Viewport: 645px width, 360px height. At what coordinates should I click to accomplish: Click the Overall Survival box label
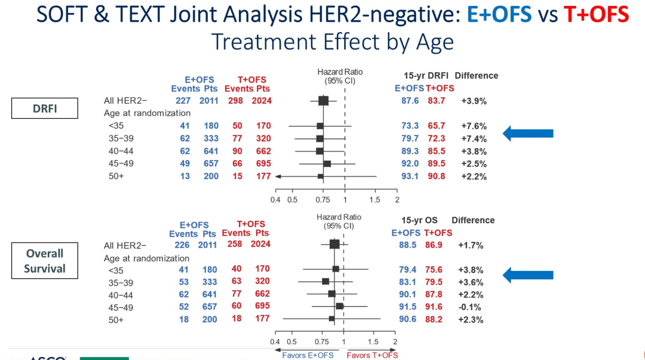(44, 260)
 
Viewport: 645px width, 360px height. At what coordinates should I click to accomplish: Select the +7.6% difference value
(474, 126)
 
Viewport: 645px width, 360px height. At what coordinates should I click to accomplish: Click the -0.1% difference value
(471, 307)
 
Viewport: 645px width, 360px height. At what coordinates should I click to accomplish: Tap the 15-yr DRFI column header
(426, 76)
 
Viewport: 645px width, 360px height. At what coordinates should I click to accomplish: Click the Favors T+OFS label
(372, 355)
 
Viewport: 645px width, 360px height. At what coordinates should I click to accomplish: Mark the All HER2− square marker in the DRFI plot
(323, 101)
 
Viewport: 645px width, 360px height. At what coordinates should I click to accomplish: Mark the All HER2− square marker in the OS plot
(334, 244)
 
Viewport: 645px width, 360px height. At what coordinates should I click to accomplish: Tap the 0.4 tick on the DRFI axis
(275, 199)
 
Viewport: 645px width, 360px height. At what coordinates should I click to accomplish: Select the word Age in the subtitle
(427, 41)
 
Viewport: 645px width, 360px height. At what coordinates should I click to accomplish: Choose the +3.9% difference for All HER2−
(474, 101)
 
